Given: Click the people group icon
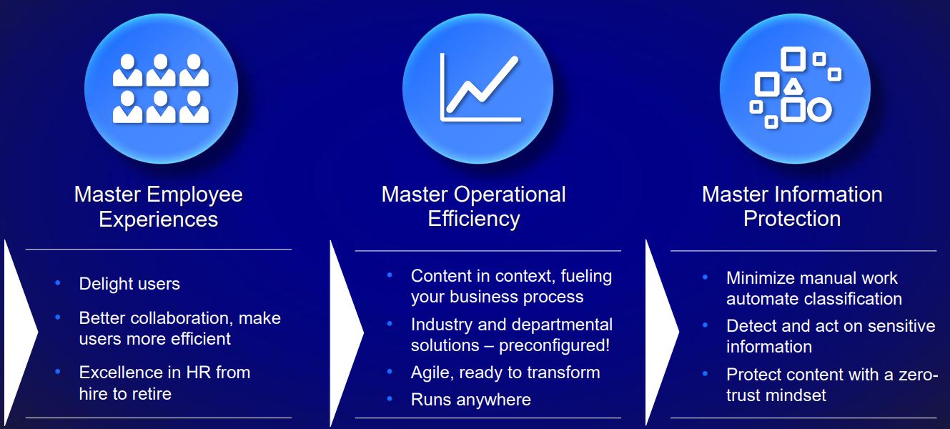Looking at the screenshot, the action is [x=161, y=89].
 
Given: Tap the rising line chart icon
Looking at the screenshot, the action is [x=480, y=88].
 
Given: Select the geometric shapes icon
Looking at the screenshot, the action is [x=795, y=88].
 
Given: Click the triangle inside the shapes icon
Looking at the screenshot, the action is [x=793, y=86].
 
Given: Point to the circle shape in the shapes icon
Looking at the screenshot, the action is [x=819, y=110].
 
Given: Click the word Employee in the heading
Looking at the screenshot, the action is [x=194, y=194].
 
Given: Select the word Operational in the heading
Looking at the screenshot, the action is [x=510, y=194].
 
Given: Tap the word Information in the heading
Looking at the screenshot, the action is [x=828, y=194].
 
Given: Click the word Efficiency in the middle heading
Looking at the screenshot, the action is [x=474, y=219].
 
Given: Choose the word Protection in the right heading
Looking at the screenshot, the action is [x=792, y=219].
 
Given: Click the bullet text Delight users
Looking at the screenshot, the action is [x=129, y=283].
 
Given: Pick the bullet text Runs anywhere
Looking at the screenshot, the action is [x=471, y=400].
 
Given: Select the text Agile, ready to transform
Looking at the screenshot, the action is [x=505, y=373].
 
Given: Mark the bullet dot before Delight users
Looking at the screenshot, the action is [x=58, y=282].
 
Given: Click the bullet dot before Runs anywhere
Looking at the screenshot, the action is [x=390, y=398].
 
